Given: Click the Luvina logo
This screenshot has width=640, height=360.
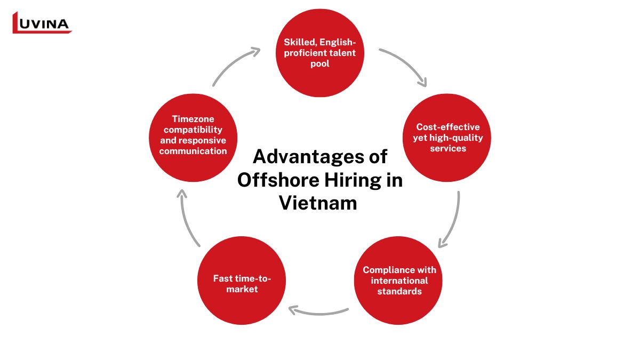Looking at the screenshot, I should click(x=42, y=23).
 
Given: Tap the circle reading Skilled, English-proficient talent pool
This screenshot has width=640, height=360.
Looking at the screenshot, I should click(x=319, y=53).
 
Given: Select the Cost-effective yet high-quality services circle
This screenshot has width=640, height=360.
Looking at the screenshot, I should click(x=446, y=138).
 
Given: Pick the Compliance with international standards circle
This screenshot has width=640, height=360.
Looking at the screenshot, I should click(x=398, y=281).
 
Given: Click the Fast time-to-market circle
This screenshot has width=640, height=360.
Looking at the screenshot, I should click(x=242, y=281).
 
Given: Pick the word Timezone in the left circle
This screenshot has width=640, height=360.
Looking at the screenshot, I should click(x=193, y=119).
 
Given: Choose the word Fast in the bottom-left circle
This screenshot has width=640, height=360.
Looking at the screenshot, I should click(x=223, y=278).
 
